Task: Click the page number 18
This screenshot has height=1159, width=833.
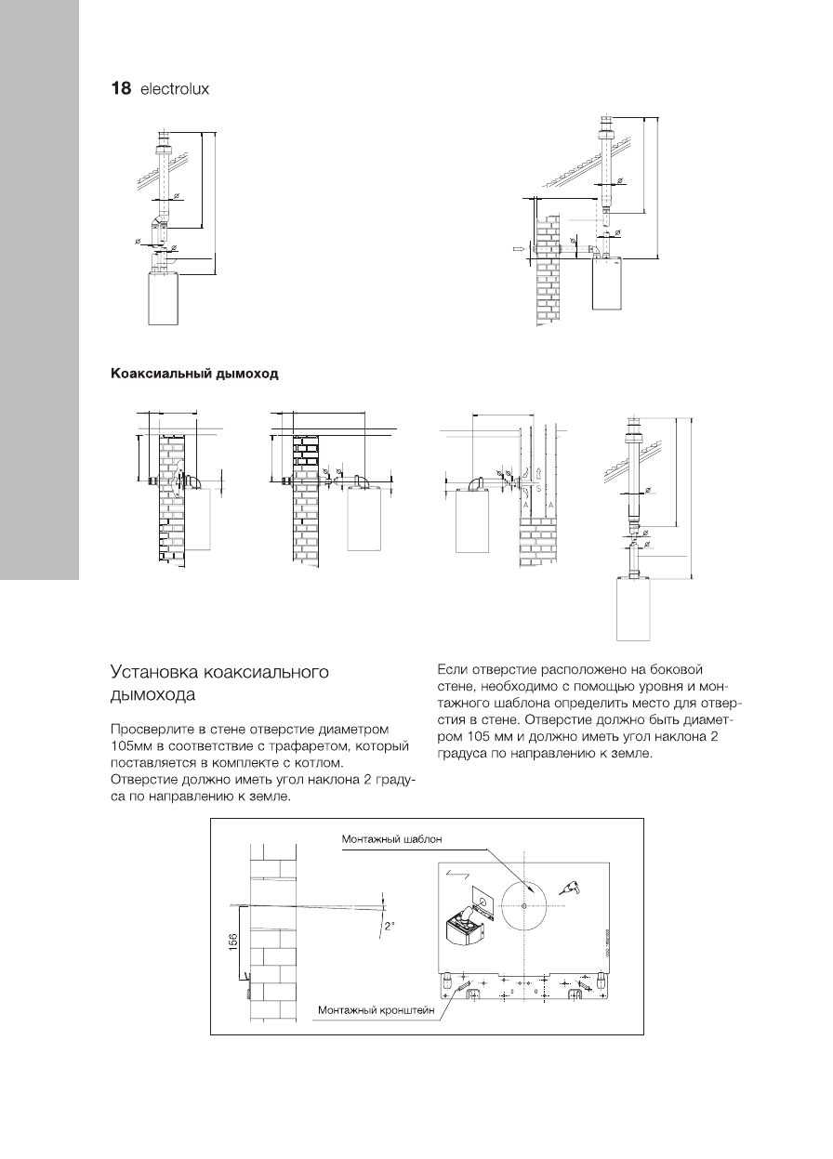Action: click(121, 90)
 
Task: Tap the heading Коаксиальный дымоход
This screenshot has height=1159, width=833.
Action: click(195, 375)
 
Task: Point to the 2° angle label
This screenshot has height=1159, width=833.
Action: click(389, 926)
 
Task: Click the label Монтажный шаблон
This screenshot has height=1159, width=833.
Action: click(390, 838)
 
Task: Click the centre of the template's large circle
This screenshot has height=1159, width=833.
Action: click(525, 905)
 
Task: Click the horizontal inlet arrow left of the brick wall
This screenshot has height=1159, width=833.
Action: click(519, 249)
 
